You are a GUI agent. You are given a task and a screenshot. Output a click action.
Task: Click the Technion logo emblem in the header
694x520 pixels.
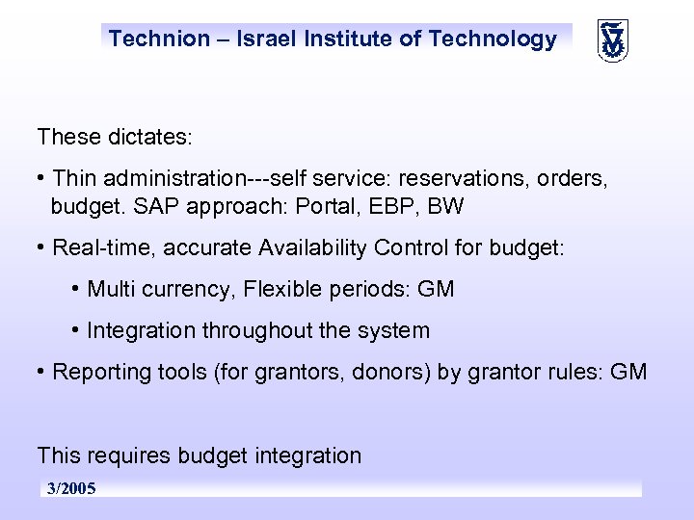(x=613, y=40)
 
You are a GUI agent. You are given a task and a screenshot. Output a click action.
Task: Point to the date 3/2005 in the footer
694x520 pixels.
(x=71, y=489)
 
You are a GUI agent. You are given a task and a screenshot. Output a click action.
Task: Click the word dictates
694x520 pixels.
(x=147, y=138)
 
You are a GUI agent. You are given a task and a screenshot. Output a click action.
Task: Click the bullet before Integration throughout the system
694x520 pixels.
(x=75, y=329)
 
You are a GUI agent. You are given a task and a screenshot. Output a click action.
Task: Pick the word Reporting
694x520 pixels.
(x=100, y=372)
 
